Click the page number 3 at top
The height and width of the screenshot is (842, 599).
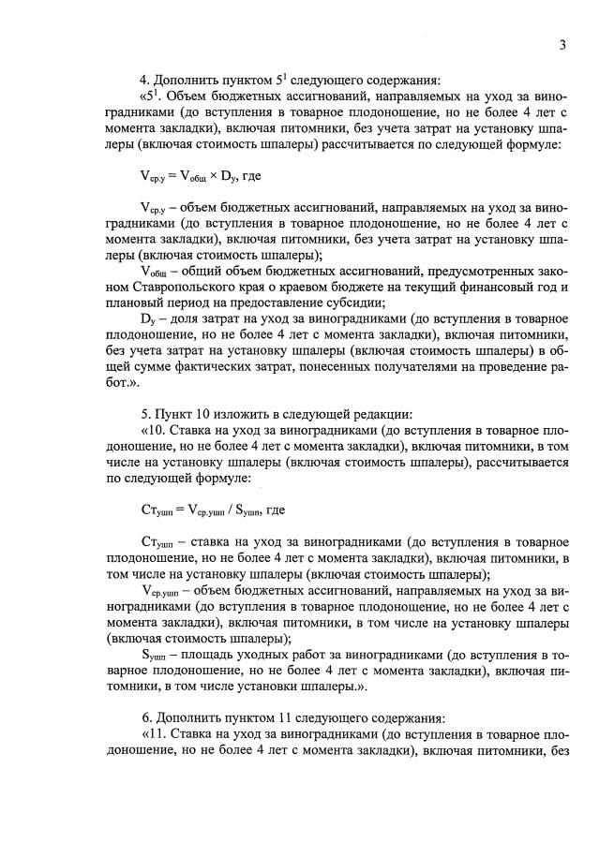click(x=561, y=44)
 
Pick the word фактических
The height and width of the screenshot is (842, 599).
click(x=220, y=365)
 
